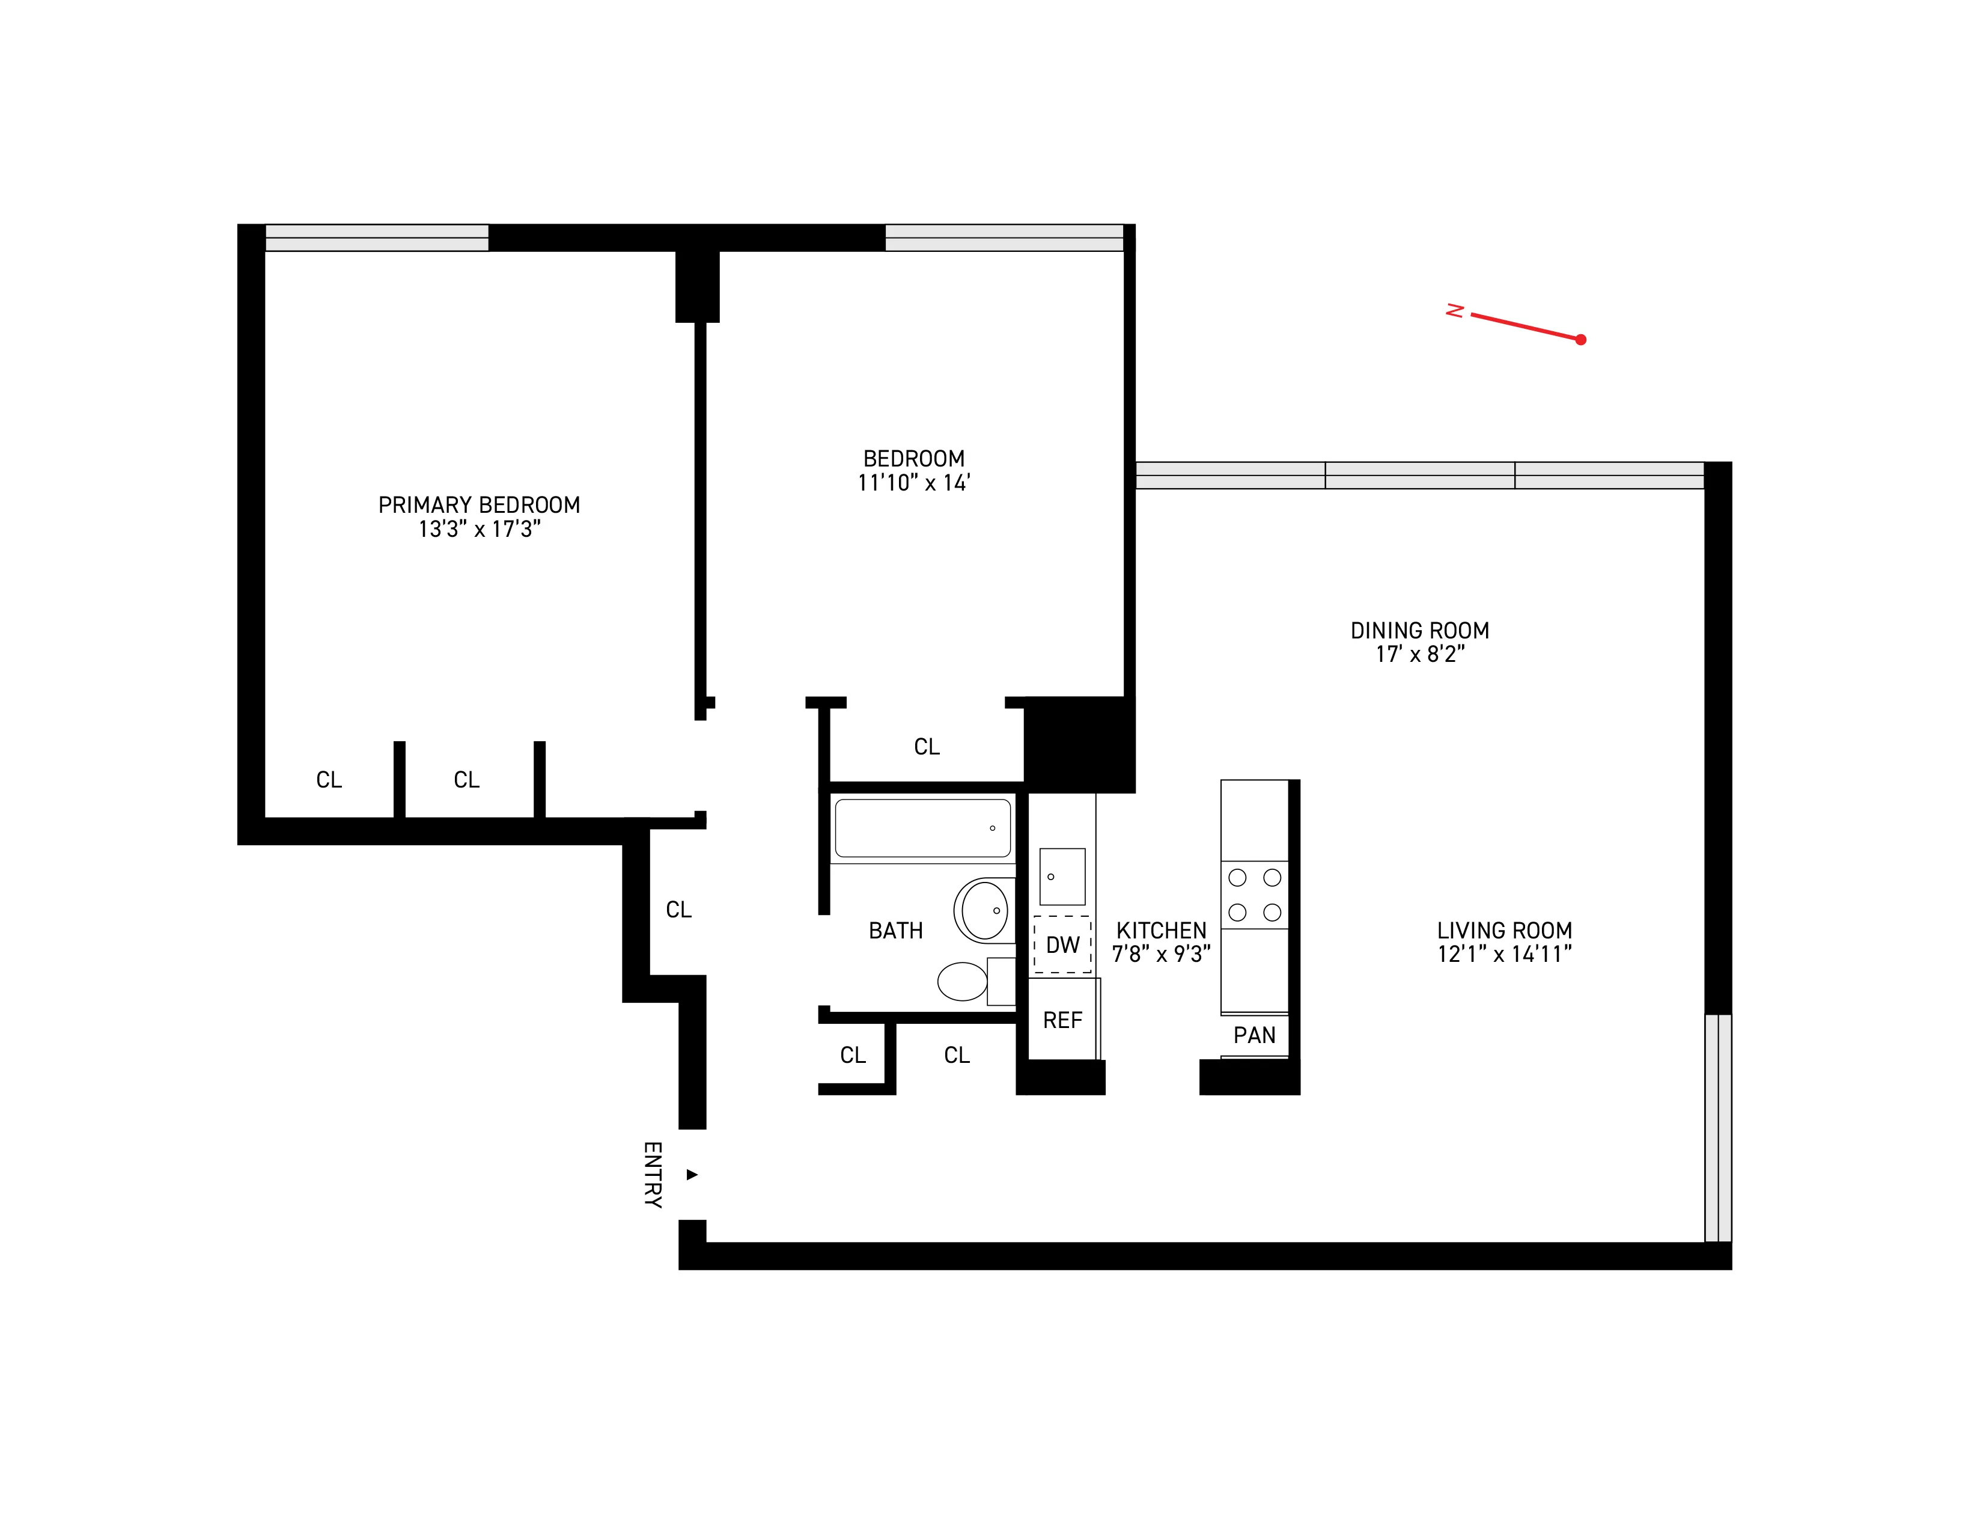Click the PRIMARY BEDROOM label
[x=478, y=505]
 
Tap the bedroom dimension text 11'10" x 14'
[x=913, y=483]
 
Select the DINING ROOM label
[x=1419, y=630]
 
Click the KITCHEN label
[x=1162, y=931]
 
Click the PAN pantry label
[x=1254, y=1035]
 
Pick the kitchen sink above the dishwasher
[x=1061, y=877]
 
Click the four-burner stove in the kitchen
[x=1254, y=895]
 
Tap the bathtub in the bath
[x=922, y=827]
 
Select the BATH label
[x=895, y=931]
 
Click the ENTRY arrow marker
[x=692, y=1174]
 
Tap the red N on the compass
[x=1455, y=311]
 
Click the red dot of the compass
[x=1581, y=340]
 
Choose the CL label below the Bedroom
[x=926, y=747]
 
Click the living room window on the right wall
[x=1718, y=1127]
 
